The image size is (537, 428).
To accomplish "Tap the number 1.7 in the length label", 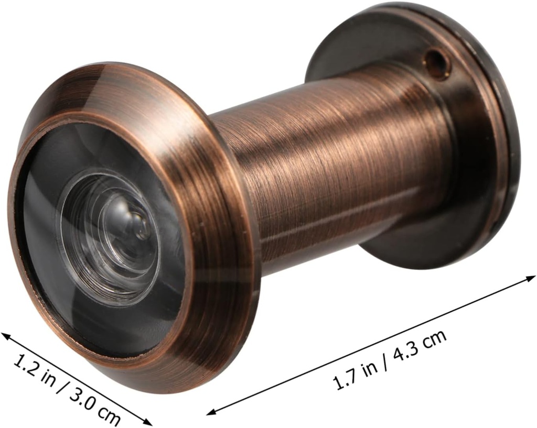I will tap(344, 379).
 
